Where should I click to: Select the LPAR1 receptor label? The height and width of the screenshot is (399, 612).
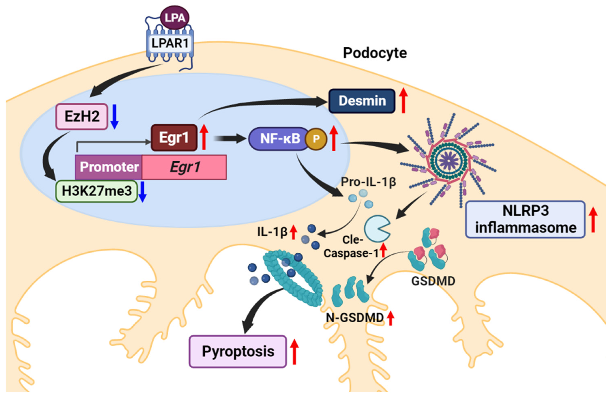click(x=170, y=43)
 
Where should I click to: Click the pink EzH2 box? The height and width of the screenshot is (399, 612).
click(x=81, y=116)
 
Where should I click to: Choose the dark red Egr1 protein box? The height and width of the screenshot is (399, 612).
click(x=174, y=138)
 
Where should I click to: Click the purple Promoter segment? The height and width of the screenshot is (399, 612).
click(x=109, y=167)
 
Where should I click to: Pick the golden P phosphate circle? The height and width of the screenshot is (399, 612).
click(x=316, y=139)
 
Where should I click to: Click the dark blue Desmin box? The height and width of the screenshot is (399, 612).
click(x=362, y=101)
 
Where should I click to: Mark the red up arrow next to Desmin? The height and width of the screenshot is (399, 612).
click(x=403, y=100)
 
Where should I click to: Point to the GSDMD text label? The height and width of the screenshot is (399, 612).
click(x=433, y=281)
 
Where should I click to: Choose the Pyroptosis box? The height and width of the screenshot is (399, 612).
click(x=238, y=351)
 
